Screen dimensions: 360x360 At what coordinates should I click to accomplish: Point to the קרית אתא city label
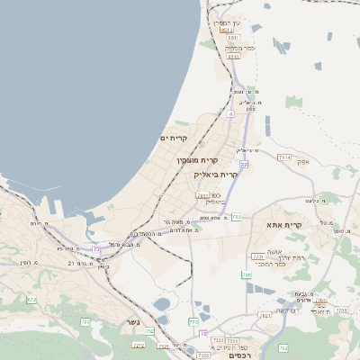point(309,224)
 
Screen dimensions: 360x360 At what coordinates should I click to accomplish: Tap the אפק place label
point(304,163)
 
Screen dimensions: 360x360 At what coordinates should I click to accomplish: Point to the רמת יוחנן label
point(292,257)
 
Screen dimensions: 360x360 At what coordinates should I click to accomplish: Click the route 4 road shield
point(230,115)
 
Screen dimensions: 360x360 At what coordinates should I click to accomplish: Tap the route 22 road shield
point(243,165)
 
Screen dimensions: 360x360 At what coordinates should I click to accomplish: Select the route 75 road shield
point(95,248)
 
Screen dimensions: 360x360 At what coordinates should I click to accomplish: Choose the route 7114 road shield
point(284,157)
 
